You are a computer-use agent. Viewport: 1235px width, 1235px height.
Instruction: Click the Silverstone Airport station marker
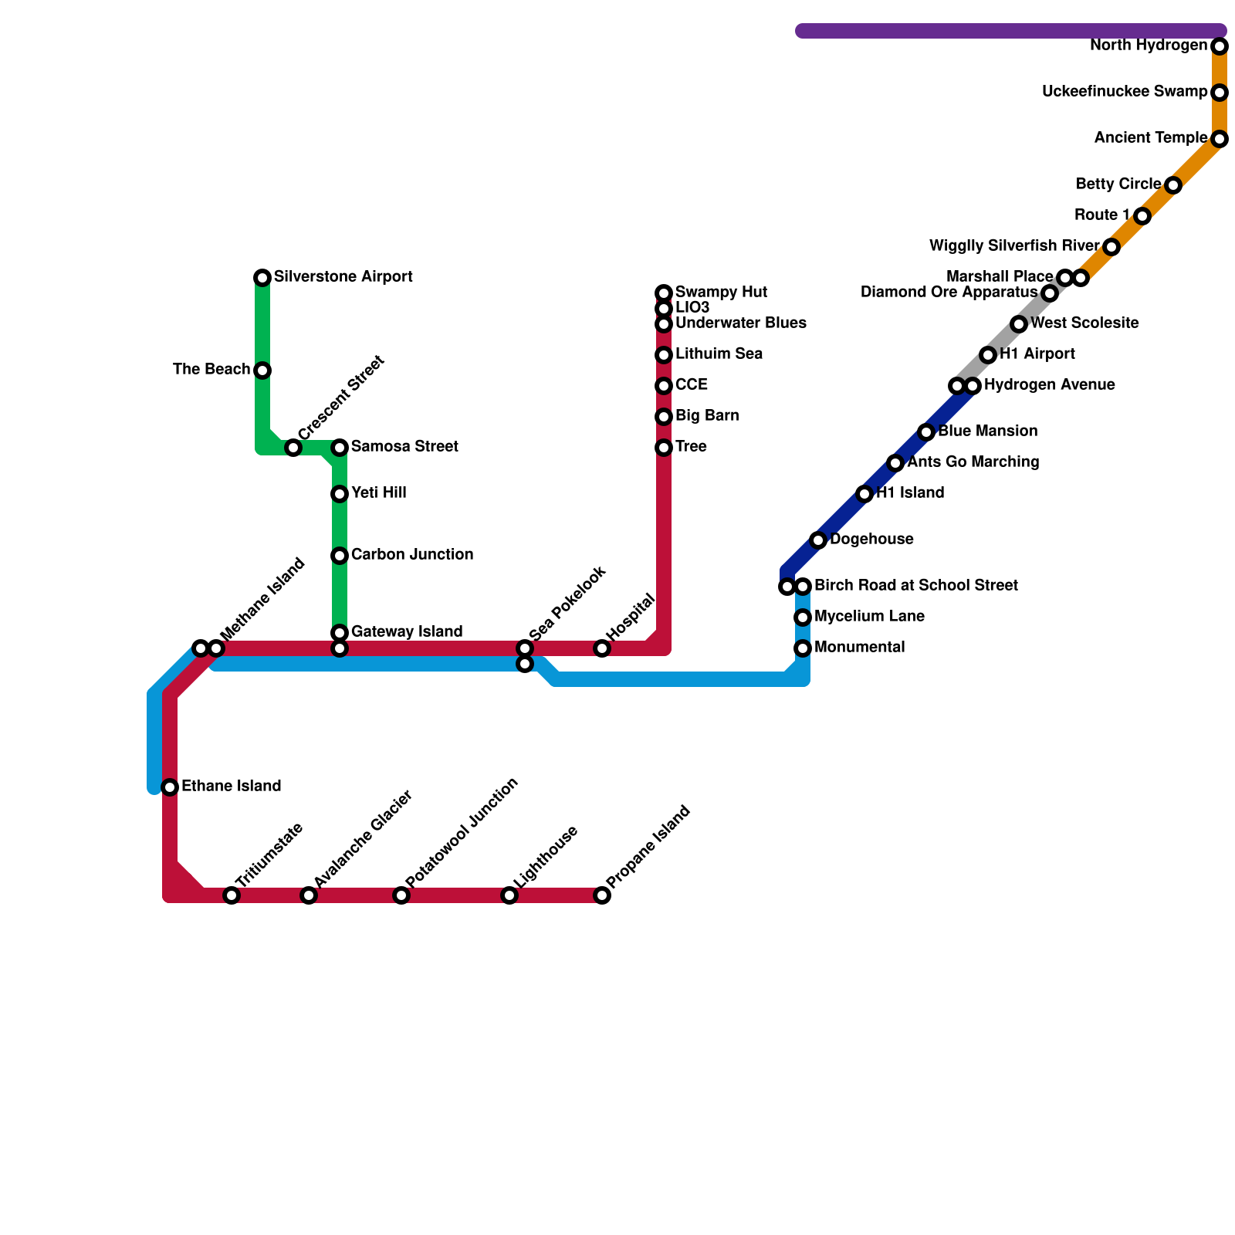click(262, 278)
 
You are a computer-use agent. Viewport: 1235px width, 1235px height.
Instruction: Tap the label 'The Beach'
click(211, 370)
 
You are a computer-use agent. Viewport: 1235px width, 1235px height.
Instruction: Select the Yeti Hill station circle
click(340, 494)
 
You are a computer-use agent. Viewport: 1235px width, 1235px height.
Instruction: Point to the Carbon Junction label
click(411, 555)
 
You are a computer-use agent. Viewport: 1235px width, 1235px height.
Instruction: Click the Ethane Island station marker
click(170, 787)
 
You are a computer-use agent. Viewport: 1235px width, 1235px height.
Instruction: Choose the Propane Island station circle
click(602, 895)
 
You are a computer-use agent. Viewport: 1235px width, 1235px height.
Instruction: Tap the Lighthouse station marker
click(509, 895)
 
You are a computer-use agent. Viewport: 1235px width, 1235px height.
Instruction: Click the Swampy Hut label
click(721, 293)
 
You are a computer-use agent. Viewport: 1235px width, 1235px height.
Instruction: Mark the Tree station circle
click(664, 448)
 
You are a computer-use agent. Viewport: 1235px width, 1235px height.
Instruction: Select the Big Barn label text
click(707, 416)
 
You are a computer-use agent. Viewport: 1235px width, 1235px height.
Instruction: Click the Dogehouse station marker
click(818, 540)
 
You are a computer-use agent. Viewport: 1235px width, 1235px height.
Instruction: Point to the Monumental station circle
click(803, 648)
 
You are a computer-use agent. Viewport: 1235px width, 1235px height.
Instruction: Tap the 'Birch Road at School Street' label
click(915, 586)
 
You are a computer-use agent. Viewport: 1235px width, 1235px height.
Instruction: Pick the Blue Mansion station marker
click(926, 432)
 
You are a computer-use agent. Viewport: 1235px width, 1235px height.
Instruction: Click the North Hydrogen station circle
click(1220, 46)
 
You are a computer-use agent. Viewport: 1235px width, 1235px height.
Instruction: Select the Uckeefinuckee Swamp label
click(1124, 92)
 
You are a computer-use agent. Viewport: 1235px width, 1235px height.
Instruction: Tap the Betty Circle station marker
click(1173, 185)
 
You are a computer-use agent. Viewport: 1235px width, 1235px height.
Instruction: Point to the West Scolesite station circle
click(1019, 324)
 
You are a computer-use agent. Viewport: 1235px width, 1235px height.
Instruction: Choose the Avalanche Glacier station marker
click(309, 895)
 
